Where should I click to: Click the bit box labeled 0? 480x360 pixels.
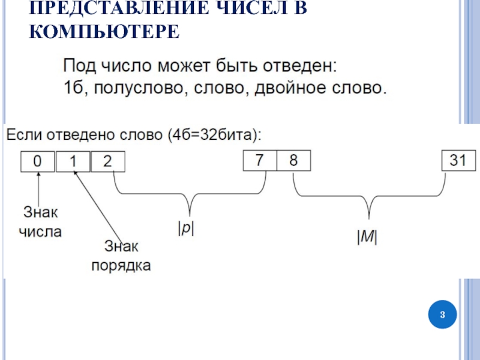[x=37, y=161]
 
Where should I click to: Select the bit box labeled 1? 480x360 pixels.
[x=73, y=161]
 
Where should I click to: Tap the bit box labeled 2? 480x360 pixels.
[x=107, y=161]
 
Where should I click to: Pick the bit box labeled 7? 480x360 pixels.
[x=259, y=161]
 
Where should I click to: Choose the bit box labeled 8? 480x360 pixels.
[x=293, y=161]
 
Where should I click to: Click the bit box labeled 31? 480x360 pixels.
[x=458, y=161]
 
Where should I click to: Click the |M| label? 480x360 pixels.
[x=367, y=238]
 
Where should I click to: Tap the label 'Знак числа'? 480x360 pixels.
[x=42, y=221]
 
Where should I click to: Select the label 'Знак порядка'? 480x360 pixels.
[x=121, y=255]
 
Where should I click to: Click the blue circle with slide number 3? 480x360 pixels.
[x=442, y=314]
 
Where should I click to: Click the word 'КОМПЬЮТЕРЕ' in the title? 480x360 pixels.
[x=104, y=31]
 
